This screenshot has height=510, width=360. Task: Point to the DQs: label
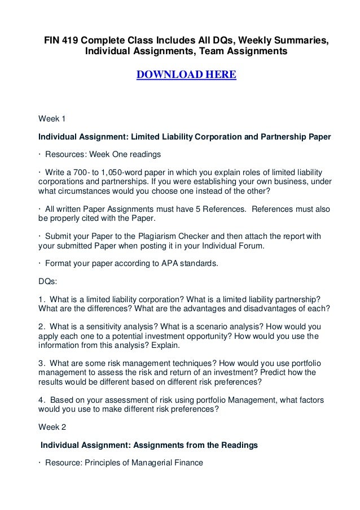tap(47, 279)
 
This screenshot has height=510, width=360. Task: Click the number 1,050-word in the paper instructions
tap(106, 171)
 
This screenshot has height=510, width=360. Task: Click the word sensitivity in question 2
tap(109, 326)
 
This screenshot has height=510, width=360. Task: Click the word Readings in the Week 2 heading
tap(238, 445)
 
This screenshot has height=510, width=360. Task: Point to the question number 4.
tap(41, 400)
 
